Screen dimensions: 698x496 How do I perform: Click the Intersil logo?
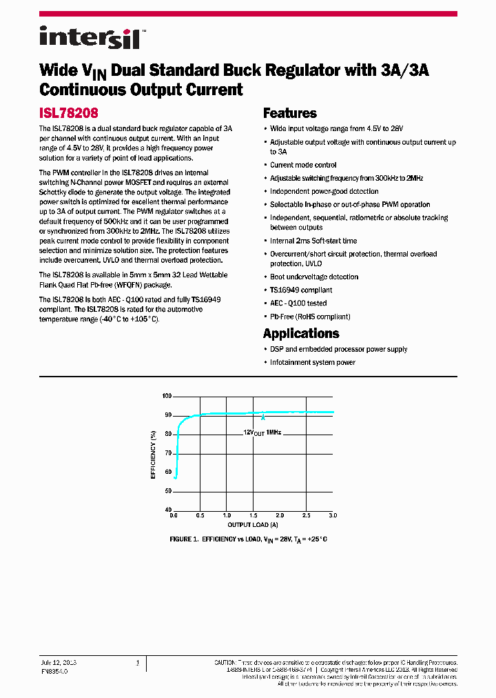pos(90,37)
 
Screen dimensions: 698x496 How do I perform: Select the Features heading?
pos(290,114)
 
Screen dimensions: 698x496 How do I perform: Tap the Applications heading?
pos(300,334)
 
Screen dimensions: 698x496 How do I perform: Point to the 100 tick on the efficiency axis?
pos(166,397)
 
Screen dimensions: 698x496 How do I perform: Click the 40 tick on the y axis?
pos(167,509)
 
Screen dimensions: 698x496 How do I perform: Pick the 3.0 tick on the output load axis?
pos(332,516)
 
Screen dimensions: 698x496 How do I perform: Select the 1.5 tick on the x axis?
pos(253,516)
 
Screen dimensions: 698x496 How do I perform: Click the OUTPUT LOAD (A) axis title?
pos(253,525)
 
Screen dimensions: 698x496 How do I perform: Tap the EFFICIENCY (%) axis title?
pos(153,454)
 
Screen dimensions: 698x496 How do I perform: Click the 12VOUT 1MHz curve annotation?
pos(262,432)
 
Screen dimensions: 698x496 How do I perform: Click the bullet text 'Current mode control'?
pos(303,166)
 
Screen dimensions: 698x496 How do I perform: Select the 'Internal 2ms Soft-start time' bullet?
pos(313,241)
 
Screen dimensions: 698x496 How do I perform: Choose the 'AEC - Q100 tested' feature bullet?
pos(298,303)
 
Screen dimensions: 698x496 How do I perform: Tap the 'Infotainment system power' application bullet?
pos(313,363)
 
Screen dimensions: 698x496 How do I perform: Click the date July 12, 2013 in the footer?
pos(59,662)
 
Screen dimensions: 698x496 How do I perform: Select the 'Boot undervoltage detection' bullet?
pos(314,277)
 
